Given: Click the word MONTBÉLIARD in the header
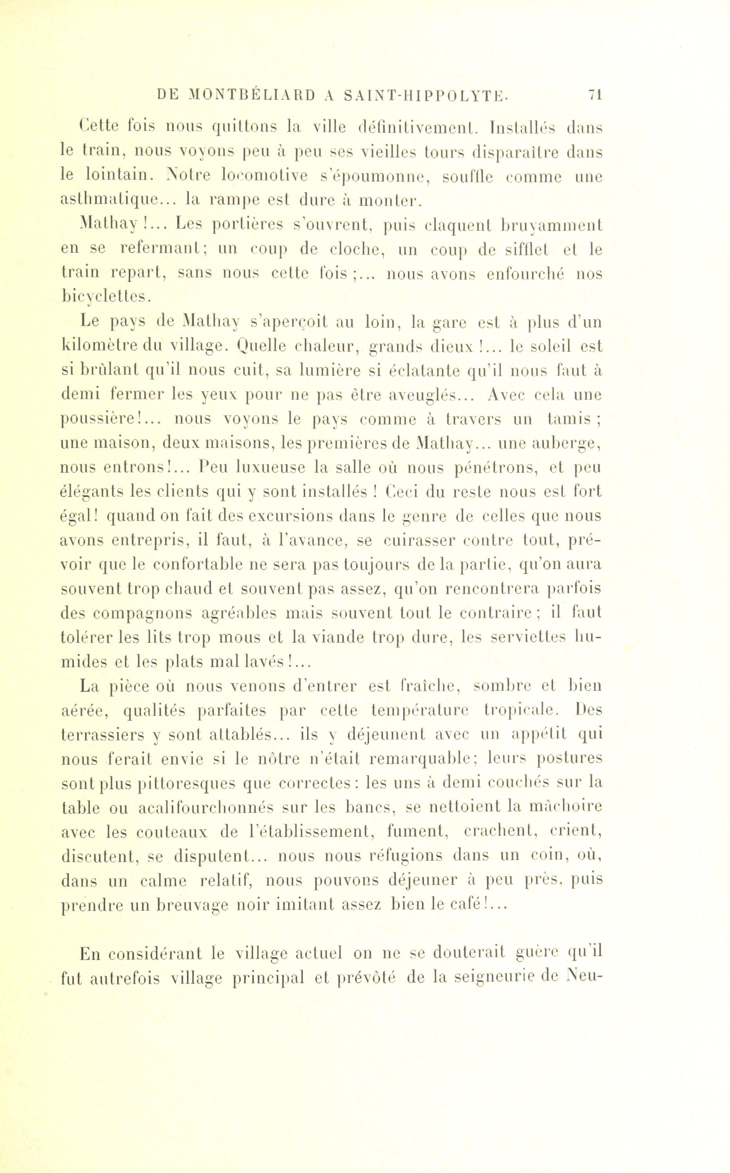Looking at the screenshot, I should click(x=251, y=95).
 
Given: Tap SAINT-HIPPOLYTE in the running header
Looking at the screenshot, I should click(x=425, y=95).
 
